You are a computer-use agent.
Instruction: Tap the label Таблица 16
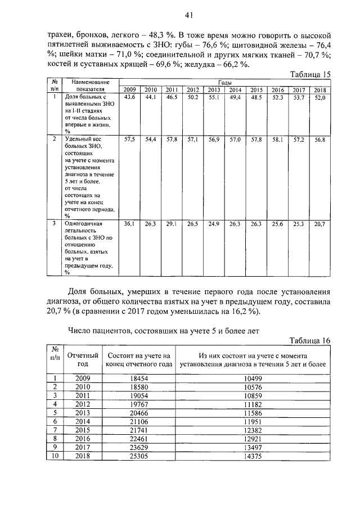click(x=310, y=341)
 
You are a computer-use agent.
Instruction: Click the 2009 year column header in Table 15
click(x=129, y=90)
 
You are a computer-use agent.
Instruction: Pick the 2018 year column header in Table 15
click(x=319, y=90)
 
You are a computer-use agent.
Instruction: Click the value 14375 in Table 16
click(x=253, y=457)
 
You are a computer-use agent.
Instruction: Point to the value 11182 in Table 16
click(x=253, y=404)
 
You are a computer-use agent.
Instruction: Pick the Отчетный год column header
click(x=83, y=359)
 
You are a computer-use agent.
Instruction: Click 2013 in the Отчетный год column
click(x=83, y=413)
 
